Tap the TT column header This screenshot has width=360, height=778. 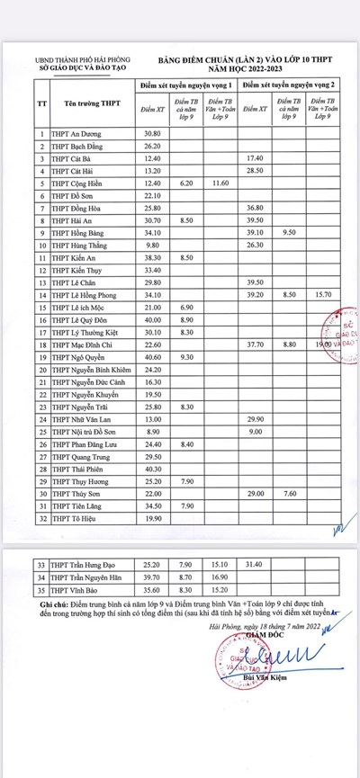(41, 103)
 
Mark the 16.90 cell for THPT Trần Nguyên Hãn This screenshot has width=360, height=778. (218, 579)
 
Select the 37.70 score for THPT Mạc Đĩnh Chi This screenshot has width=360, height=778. (255, 344)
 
